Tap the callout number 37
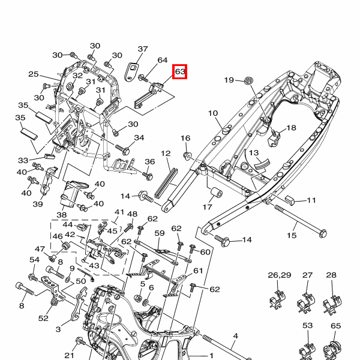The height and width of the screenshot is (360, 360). [143, 49]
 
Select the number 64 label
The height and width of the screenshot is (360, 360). [162, 61]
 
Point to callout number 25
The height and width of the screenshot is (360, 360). [34, 74]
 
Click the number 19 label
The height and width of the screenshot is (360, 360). [229, 80]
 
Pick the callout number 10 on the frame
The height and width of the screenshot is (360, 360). [212, 113]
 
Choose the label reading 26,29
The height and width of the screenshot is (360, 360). [279, 275]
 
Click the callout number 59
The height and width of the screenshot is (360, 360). [160, 233]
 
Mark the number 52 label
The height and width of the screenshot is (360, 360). [43, 318]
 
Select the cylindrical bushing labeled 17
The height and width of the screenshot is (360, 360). [215, 194]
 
